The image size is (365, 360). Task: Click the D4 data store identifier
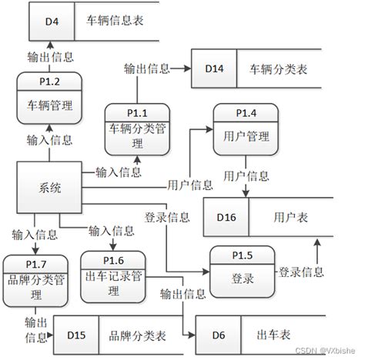(52, 22)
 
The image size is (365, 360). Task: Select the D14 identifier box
(214, 68)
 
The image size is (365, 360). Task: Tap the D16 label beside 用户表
(226, 217)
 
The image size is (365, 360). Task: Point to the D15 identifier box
(76, 335)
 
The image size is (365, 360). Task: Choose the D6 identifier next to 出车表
(219, 335)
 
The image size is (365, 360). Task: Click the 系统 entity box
(49, 188)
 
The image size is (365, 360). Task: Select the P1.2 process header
(49, 82)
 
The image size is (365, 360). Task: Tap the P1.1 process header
(137, 113)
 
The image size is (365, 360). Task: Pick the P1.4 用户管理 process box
(246, 129)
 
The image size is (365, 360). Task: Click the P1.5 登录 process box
(243, 272)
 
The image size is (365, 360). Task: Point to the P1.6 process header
(113, 261)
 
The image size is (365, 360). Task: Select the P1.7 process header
(35, 265)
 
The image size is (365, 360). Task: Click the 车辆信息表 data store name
(115, 21)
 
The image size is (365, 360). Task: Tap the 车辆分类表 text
(278, 69)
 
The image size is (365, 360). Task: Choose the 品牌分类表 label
(137, 335)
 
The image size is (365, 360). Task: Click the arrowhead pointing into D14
(188, 68)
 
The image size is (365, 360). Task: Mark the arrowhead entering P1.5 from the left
(206, 272)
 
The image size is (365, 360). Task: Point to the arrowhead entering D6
(193, 335)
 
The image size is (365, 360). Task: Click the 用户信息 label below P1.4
(246, 176)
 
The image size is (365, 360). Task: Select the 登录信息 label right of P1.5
(301, 272)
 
